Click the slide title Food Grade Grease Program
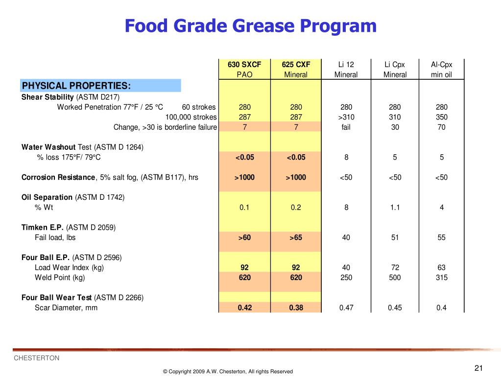click(x=250, y=26)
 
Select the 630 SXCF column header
click(x=244, y=65)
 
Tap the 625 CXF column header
click(x=296, y=65)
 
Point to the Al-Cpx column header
click(x=441, y=65)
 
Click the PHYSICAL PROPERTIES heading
click(x=76, y=86)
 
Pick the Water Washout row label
click(x=48, y=147)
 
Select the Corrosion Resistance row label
click(x=58, y=177)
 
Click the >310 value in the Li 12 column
click(x=346, y=117)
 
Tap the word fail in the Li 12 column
click(x=346, y=127)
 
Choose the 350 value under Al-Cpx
click(x=441, y=117)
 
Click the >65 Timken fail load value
click(x=296, y=238)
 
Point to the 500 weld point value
click(x=395, y=278)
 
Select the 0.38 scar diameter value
click(x=296, y=308)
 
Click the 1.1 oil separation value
click(x=395, y=207)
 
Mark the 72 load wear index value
click(x=395, y=267)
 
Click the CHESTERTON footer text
click(x=36, y=358)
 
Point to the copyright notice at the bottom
click(x=228, y=372)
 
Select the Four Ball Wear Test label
click(x=56, y=297)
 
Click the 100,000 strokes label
click(x=191, y=117)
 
